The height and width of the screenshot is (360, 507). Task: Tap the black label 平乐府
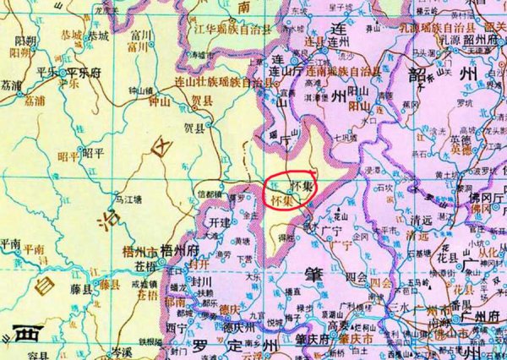pos(84,73)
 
